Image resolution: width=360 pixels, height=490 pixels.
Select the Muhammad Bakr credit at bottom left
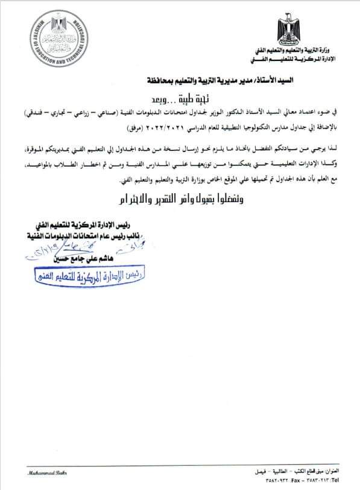pyautogui.click(x=40, y=471)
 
